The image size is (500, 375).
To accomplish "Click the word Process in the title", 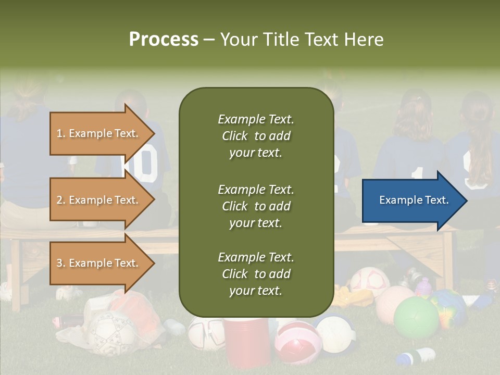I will (164, 40).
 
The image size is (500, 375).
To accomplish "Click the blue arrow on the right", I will (414, 201).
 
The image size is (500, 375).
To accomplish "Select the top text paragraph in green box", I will (256, 136).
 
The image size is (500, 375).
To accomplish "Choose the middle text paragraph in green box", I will (256, 206).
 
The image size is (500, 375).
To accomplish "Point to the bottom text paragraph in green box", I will (256, 274).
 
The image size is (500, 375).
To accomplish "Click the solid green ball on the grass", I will (416, 318).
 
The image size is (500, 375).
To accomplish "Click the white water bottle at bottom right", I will (417, 357).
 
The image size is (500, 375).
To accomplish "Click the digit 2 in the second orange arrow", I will (59, 200).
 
